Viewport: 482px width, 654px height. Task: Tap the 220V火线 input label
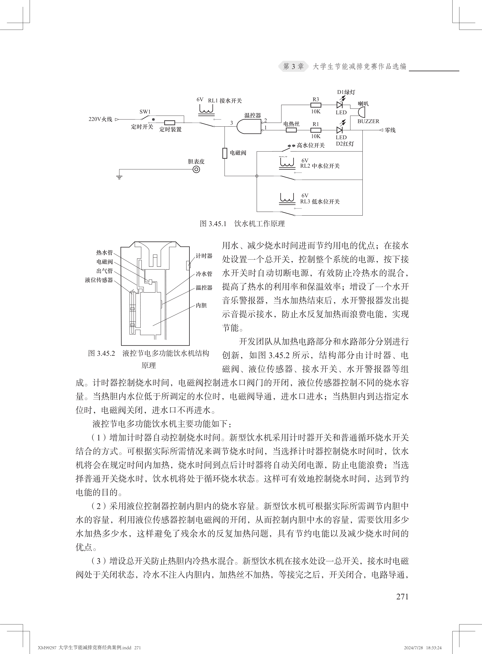[100, 119]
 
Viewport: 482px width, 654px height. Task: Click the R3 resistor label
[316, 99]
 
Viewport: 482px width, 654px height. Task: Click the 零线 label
[390, 130]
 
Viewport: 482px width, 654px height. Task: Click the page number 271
[402, 596]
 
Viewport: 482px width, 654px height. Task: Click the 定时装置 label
[170, 129]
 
